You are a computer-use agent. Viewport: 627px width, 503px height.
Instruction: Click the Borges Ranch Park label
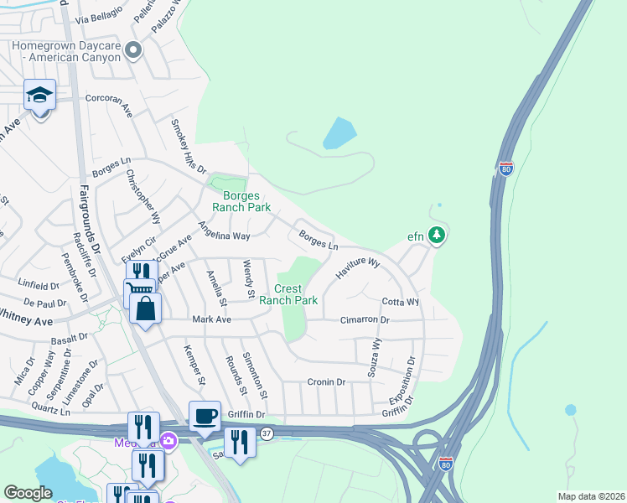pos(229,200)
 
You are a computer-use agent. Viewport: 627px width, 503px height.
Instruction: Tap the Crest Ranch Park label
pos(288,294)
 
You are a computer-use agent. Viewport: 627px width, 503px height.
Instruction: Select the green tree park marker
pos(436,236)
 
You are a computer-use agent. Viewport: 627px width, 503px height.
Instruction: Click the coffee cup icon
pos(205,417)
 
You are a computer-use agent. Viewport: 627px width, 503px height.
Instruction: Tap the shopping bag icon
pos(146,309)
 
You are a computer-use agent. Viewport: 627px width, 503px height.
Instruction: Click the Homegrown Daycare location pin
pos(132,52)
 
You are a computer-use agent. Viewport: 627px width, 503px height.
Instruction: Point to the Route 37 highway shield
pos(267,433)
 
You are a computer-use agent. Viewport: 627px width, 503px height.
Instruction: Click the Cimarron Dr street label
pos(365,320)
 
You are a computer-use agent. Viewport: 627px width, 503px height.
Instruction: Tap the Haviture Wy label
pos(358,268)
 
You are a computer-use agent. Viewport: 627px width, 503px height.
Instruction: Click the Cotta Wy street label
pos(400,302)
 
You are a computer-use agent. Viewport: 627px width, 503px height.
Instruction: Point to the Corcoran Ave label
pos(109,103)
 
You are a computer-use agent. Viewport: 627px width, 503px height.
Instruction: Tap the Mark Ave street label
pos(211,319)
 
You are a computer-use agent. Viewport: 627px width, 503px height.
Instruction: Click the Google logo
pos(28,493)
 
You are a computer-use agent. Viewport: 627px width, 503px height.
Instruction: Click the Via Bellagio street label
pos(98,13)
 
